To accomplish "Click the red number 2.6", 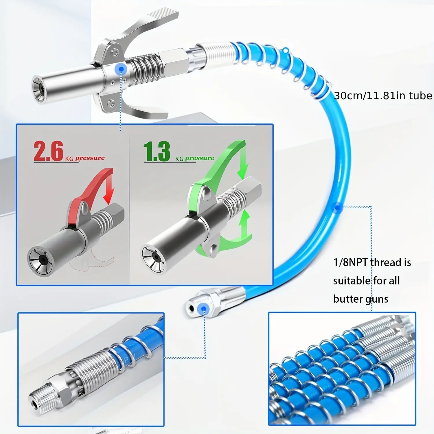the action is (x=48, y=151).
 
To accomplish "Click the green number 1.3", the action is (x=157, y=151).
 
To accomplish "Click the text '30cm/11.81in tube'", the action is (x=383, y=95).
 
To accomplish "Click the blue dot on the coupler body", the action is (x=121, y=69).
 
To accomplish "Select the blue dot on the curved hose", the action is (x=337, y=207).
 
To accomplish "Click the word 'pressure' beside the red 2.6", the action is (x=90, y=158).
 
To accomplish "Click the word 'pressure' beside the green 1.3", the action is (x=200, y=158).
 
